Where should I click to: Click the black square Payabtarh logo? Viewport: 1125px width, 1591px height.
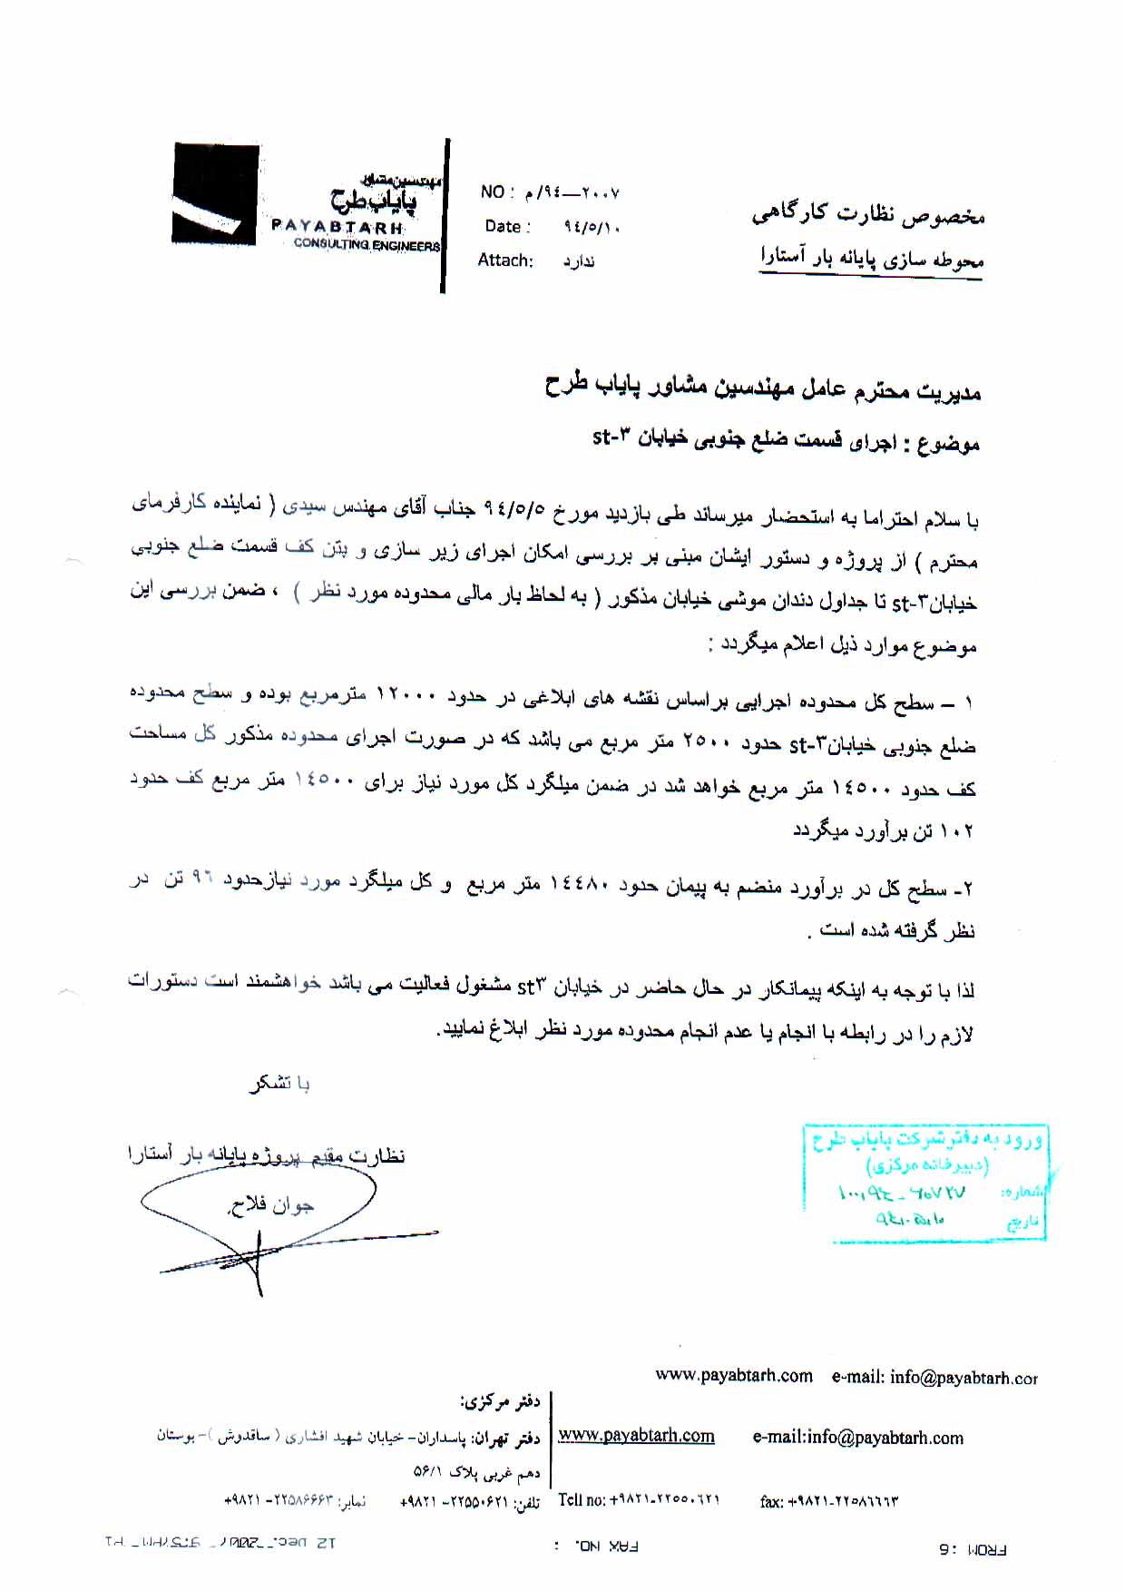[216, 192]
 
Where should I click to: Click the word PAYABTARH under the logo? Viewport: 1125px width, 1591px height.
[337, 226]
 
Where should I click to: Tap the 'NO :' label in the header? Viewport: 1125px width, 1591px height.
[498, 192]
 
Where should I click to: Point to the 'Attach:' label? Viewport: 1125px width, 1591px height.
[505, 260]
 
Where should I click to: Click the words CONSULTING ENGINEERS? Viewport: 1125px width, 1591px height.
[367, 245]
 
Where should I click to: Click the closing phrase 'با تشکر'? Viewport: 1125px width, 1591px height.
[280, 1083]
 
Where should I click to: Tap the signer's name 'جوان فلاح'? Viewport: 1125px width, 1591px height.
[269, 1205]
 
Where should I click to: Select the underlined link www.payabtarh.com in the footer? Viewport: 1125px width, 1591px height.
[636, 1435]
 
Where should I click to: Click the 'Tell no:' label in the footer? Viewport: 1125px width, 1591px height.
[582, 1500]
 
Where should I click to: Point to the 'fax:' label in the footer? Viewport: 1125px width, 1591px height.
[771, 1502]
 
